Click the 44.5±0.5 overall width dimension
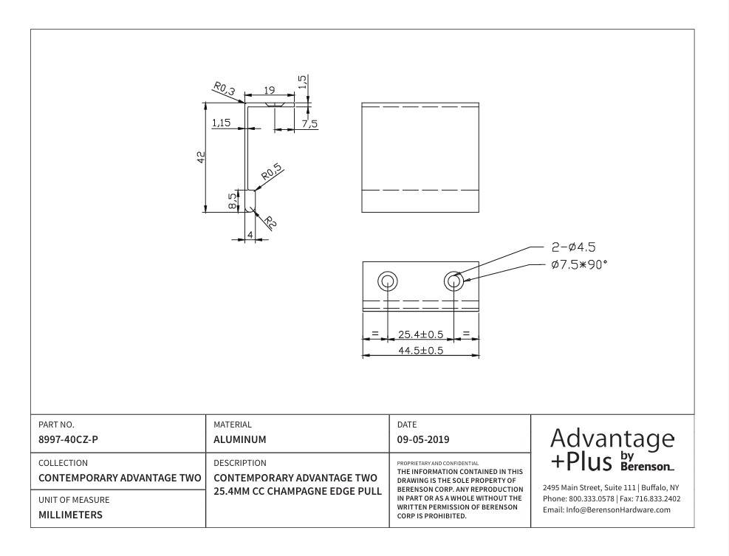[x=420, y=351]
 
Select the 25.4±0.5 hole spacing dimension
[x=420, y=334]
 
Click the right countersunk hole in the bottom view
[x=454, y=281]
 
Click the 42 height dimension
[x=201, y=157]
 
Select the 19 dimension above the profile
[x=270, y=90]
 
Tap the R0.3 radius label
[x=224, y=89]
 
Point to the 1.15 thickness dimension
[x=222, y=123]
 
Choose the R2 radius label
[x=270, y=222]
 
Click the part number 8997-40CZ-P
[x=68, y=439]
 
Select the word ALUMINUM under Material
[x=240, y=439]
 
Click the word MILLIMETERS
[x=72, y=515]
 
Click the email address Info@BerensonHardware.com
[x=606, y=509]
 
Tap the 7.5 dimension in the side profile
[x=309, y=124]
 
